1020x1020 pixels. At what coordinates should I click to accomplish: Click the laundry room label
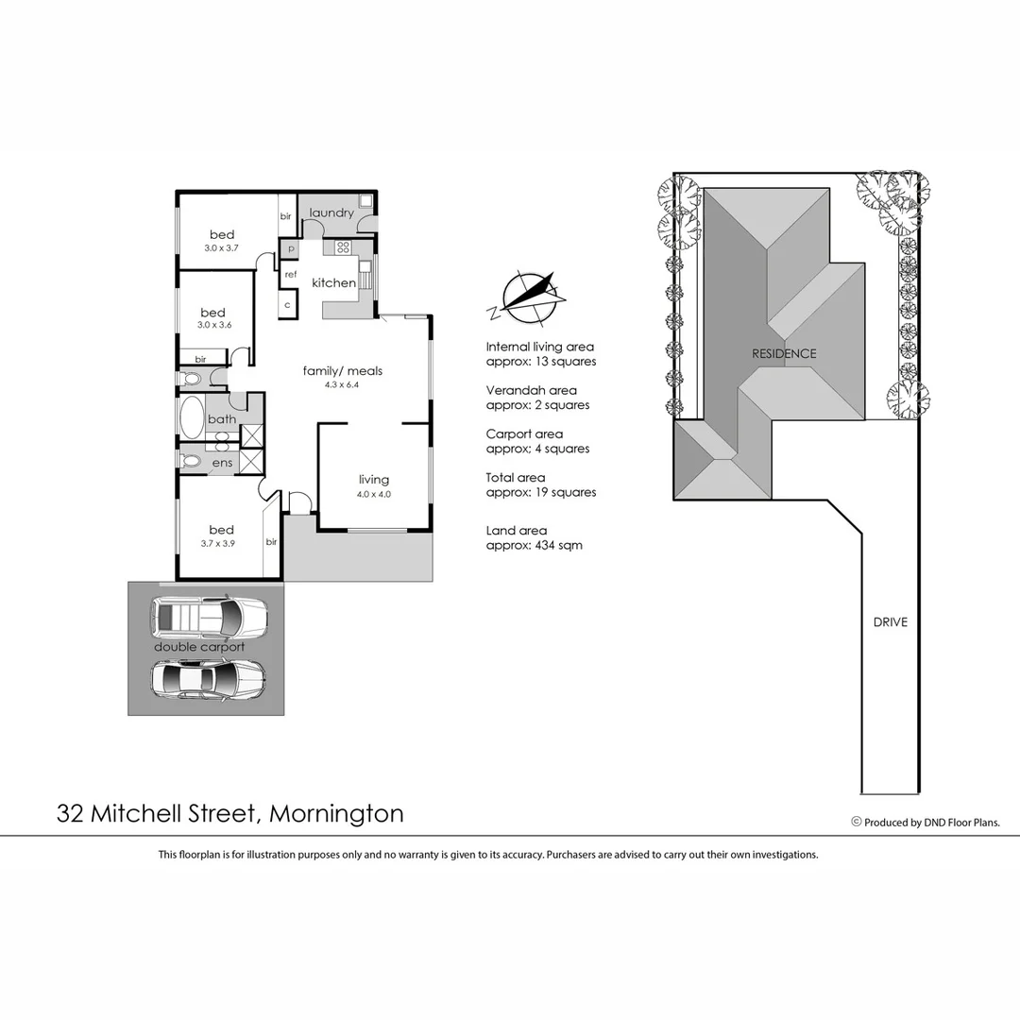(331, 212)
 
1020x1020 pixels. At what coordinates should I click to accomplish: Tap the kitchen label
(334, 282)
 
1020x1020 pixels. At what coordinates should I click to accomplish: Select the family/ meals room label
(342, 371)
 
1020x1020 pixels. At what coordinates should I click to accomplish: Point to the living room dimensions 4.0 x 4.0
(374, 494)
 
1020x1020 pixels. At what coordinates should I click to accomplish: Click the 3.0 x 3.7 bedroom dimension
(222, 247)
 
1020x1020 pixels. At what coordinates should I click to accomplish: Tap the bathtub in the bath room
(191, 418)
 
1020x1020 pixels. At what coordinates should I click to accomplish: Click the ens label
(222, 463)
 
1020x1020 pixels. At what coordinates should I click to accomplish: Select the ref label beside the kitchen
(291, 274)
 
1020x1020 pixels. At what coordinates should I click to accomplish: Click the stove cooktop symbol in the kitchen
(341, 248)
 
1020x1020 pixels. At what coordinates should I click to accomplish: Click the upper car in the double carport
(209, 617)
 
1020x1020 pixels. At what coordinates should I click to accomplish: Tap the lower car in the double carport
(208, 678)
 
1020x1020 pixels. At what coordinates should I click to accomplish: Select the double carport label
(199, 647)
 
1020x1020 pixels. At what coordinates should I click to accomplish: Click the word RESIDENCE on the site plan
(784, 354)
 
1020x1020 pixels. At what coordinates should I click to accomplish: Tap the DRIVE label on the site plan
(890, 622)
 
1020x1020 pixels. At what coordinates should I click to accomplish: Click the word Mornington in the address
(337, 813)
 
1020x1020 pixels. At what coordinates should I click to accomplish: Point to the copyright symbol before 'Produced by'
(857, 822)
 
